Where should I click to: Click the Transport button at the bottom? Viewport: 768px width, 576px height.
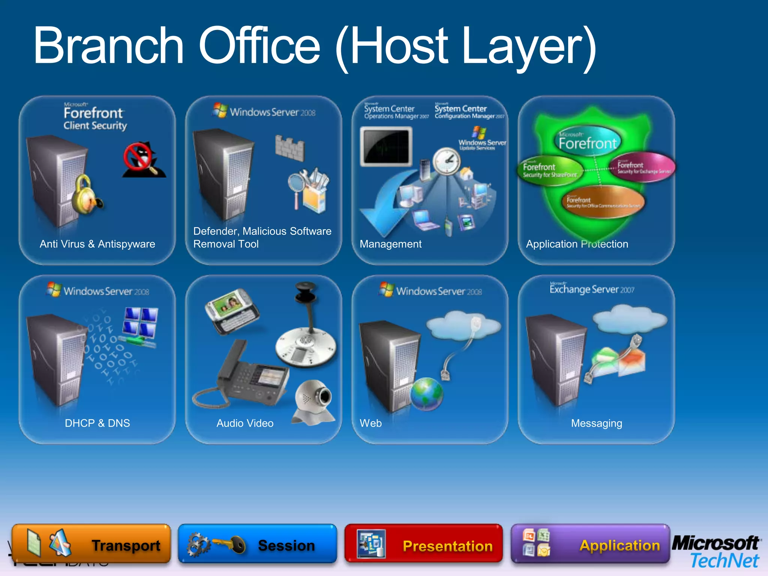(x=91, y=544)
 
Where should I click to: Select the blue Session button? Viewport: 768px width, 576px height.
(x=257, y=544)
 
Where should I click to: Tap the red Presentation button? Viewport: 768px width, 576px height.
(x=424, y=544)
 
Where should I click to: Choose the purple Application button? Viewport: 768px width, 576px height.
(x=590, y=544)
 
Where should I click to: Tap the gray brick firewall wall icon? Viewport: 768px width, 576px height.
(x=289, y=148)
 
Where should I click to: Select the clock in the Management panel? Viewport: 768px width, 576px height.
(x=447, y=161)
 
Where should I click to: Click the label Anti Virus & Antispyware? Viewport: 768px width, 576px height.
(x=97, y=244)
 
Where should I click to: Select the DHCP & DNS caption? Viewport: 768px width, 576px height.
(x=97, y=423)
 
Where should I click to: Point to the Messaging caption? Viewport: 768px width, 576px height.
(x=597, y=423)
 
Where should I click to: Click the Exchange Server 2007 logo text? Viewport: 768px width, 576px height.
(x=592, y=289)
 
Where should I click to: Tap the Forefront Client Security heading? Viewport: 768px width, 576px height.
(x=95, y=118)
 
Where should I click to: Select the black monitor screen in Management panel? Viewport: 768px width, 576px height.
(x=386, y=146)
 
